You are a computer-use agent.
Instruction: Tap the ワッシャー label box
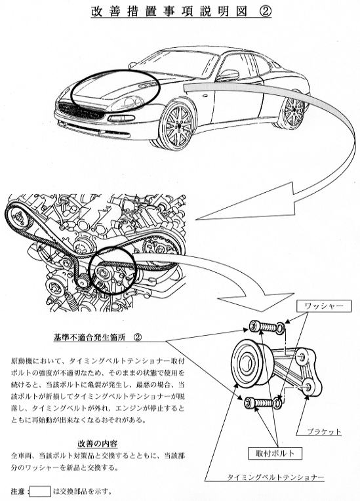[324, 306]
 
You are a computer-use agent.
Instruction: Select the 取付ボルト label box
[275, 452]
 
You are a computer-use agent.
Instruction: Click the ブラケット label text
[324, 432]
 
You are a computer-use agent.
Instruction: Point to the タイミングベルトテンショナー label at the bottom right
[275, 477]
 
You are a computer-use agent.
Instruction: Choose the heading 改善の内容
[98, 443]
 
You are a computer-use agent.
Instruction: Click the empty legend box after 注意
[40, 491]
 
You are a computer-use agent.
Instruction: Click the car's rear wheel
[292, 110]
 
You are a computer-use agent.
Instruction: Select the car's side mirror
[228, 75]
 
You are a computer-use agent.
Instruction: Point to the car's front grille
[81, 111]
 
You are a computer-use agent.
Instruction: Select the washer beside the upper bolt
[281, 327]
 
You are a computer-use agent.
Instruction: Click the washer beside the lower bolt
[277, 402]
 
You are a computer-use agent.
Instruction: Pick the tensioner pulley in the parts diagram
[251, 364]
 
